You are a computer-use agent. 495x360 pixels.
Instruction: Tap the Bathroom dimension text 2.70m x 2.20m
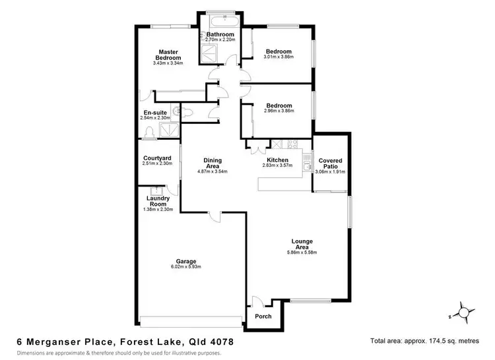tap(220, 40)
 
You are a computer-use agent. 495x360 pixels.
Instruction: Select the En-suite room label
tap(156, 113)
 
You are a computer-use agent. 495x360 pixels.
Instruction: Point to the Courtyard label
tap(157, 158)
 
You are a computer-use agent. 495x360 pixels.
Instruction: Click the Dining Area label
tap(213, 163)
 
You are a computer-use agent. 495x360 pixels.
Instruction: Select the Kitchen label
tap(277, 160)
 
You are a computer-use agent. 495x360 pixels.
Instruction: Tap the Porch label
tap(263, 316)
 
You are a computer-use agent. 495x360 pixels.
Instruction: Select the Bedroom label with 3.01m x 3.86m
tap(278, 51)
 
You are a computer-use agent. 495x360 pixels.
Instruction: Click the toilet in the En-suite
tap(187, 113)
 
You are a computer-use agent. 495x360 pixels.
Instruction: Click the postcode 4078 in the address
tap(217, 342)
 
